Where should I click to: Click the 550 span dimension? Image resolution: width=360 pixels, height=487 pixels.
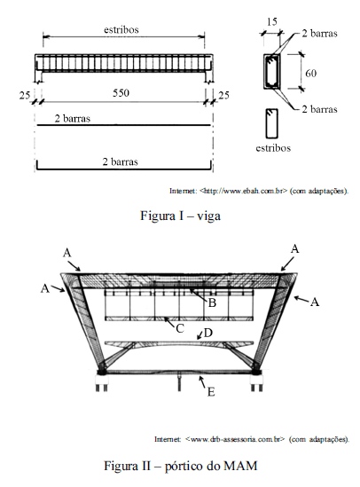click(x=121, y=93)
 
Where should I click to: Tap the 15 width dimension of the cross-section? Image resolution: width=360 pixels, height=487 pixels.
click(x=271, y=22)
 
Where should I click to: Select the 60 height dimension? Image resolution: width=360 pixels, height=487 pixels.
click(x=310, y=74)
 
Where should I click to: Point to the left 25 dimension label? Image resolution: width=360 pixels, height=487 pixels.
click(x=25, y=95)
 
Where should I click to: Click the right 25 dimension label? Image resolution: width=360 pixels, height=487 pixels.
click(x=223, y=95)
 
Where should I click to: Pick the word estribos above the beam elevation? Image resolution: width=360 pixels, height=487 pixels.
click(x=121, y=30)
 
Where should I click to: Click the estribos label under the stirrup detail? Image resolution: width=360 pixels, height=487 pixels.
click(x=273, y=148)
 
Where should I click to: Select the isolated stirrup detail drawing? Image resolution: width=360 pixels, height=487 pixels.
click(x=272, y=123)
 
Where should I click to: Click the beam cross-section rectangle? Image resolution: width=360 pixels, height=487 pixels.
click(x=272, y=72)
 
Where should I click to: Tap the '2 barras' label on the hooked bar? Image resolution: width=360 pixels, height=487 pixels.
click(x=120, y=161)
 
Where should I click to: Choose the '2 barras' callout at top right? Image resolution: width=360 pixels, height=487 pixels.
click(x=319, y=33)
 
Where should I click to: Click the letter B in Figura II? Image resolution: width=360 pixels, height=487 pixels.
click(x=212, y=302)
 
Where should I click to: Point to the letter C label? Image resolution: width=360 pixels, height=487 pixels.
click(x=180, y=328)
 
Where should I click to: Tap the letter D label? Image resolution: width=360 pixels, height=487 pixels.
click(x=207, y=333)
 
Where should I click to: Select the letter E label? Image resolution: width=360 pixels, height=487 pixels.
click(x=211, y=392)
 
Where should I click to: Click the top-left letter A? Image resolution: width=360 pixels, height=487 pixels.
click(x=67, y=253)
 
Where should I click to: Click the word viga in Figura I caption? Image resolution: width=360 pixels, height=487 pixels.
click(x=208, y=216)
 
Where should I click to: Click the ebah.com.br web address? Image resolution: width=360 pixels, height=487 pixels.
click(x=244, y=191)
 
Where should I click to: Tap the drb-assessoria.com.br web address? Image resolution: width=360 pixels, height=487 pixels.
click(x=235, y=439)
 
